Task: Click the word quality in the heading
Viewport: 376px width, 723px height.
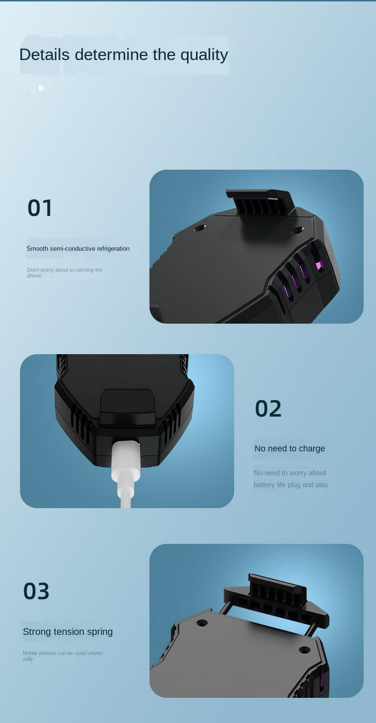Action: point(204,55)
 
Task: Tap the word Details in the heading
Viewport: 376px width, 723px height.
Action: point(44,55)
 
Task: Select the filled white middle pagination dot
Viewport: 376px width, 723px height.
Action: point(41,88)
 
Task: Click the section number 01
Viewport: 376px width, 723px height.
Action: point(40,208)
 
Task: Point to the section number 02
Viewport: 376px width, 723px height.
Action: point(268,409)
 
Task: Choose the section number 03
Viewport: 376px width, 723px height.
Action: point(36,591)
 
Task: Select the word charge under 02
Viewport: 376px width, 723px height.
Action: point(312,449)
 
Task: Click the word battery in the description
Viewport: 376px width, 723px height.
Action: point(264,485)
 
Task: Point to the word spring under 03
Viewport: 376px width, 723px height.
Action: point(100,632)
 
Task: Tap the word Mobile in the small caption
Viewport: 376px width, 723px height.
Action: point(30,653)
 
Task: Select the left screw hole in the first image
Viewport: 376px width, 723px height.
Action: point(199,228)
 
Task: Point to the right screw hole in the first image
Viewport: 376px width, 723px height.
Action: point(297,230)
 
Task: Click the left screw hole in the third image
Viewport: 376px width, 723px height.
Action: point(202,622)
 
